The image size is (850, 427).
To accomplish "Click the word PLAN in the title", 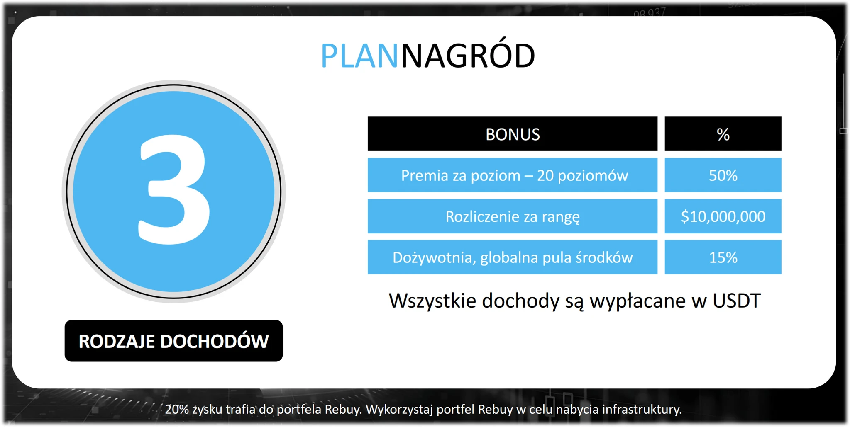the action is [x=359, y=56].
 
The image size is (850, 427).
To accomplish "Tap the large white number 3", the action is [x=174, y=190].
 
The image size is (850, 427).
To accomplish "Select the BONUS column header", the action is [x=513, y=134].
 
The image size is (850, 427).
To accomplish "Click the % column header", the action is [x=723, y=134].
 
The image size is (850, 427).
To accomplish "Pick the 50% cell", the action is [x=723, y=175].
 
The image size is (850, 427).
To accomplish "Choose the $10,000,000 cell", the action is [x=723, y=216].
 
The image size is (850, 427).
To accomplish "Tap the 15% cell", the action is [x=723, y=257].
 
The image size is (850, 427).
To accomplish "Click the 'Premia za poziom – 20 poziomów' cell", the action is [x=513, y=175].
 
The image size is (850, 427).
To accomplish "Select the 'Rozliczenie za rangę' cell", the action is [x=513, y=216].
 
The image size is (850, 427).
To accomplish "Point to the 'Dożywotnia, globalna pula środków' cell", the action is [x=513, y=257].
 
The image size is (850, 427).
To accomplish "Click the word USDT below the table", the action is [x=737, y=301].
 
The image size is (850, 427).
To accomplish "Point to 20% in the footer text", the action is [x=177, y=409].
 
